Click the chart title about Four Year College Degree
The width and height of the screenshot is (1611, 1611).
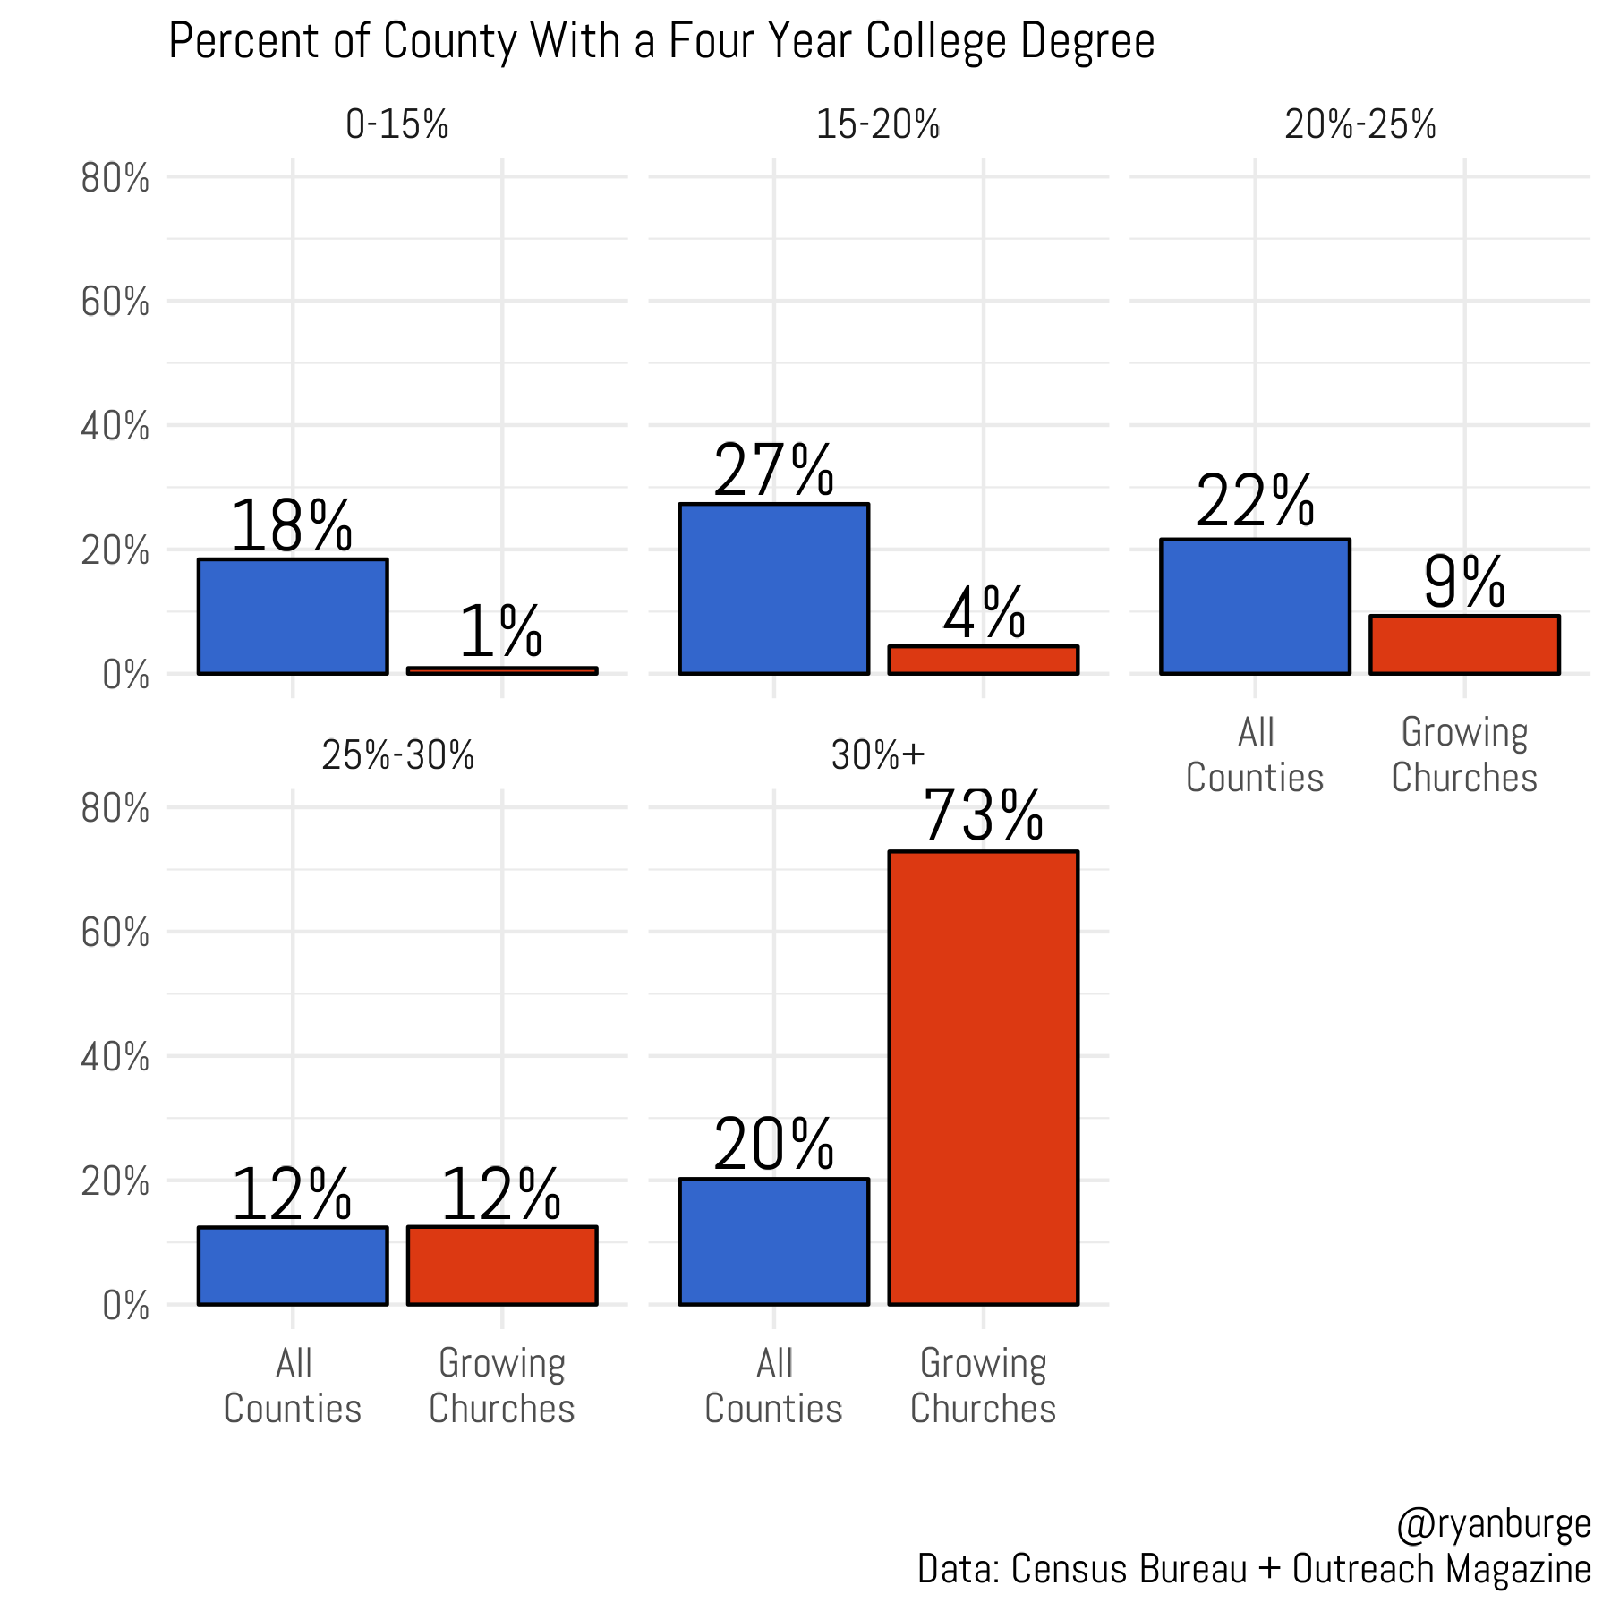coord(661,42)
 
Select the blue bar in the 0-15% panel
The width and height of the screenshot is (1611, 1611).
coord(293,617)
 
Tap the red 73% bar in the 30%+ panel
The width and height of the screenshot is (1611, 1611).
coord(983,1078)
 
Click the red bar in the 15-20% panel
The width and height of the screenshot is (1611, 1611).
coord(983,660)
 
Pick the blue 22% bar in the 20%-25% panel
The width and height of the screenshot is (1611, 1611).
coord(1255,607)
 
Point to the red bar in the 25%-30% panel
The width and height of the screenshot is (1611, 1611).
coord(502,1266)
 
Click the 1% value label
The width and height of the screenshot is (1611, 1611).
coord(501,632)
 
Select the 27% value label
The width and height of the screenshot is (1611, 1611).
coord(773,471)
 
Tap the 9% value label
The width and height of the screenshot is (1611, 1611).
coord(1464,584)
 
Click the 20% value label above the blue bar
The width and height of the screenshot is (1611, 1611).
coord(773,1145)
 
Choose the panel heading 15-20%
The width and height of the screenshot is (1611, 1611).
coord(878,125)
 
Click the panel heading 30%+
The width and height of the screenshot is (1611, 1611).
coord(878,756)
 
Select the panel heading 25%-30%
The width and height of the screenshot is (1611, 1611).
coord(398,756)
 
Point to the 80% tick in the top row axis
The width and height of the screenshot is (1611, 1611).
coord(115,179)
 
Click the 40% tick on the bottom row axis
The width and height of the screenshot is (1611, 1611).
coord(115,1058)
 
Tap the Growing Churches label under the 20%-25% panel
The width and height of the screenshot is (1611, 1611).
coord(1464,754)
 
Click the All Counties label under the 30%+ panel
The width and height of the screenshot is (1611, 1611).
coord(773,1385)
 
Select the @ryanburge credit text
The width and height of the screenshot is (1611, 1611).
coord(1493,1524)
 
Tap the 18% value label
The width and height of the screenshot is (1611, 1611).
coord(292,527)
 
